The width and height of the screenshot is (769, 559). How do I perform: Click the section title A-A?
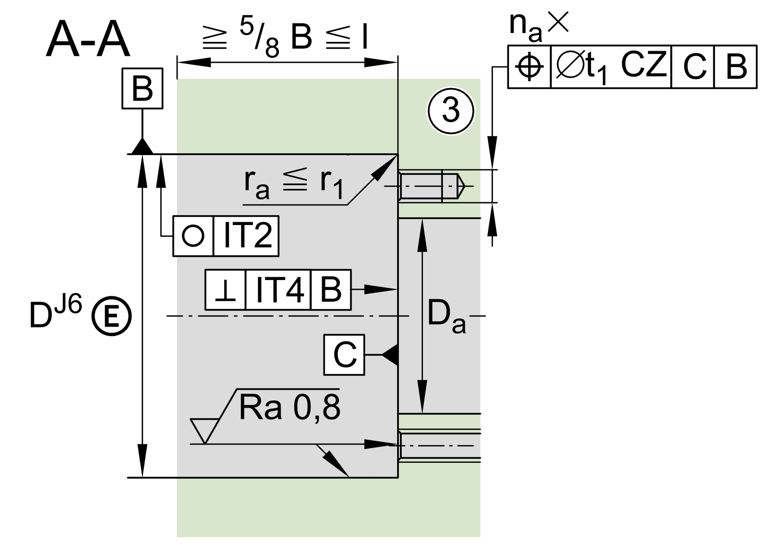click(88, 41)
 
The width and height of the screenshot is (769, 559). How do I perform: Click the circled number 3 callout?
click(450, 111)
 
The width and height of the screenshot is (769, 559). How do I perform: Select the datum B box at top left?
click(142, 89)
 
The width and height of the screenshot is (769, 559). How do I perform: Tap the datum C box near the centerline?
click(344, 355)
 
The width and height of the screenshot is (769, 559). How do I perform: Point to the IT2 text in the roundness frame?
click(247, 236)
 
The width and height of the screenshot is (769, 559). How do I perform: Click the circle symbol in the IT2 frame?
click(193, 236)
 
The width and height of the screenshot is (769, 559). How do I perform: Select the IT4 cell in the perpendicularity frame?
click(278, 290)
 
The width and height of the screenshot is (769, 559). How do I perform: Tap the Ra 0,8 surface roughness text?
click(289, 409)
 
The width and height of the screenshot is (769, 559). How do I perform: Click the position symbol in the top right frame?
click(529, 67)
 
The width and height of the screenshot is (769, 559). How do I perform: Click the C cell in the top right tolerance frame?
click(693, 67)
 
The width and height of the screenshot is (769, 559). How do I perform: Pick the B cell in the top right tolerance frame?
click(735, 67)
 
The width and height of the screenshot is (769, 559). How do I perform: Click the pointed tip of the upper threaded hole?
click(463, 186)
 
